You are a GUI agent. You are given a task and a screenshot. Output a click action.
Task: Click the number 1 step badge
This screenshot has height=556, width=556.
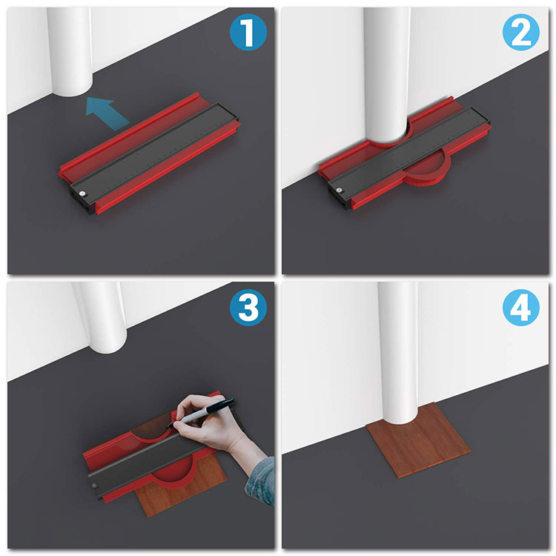coord(248,32)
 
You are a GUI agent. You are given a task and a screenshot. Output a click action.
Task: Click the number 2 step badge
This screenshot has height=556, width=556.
coord(521,32)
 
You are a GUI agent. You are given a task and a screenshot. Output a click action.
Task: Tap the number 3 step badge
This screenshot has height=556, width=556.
coord(248,307)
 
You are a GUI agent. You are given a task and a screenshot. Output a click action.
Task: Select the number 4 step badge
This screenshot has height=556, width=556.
coord(521,307)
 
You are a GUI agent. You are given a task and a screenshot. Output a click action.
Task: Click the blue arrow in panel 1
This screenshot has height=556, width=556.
coord(106,112)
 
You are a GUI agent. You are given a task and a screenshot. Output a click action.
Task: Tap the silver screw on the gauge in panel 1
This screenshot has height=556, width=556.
coord(82,193)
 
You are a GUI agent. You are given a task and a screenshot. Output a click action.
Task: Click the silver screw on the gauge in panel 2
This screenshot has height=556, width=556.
coord(340,190)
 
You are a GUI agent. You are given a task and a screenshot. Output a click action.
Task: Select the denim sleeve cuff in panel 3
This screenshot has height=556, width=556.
coord(262,480)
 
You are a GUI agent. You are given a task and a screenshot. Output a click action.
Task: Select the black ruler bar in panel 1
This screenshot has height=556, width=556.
coord(154,153)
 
